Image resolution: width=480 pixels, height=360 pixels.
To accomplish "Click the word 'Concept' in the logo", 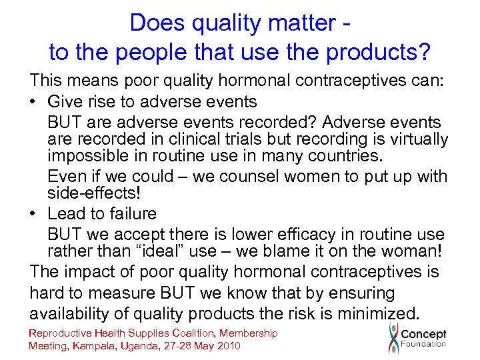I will pyautogui.click(x=423, y=334).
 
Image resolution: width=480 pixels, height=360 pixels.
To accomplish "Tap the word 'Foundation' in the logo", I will pyautogui.click(x=423, y=345).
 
